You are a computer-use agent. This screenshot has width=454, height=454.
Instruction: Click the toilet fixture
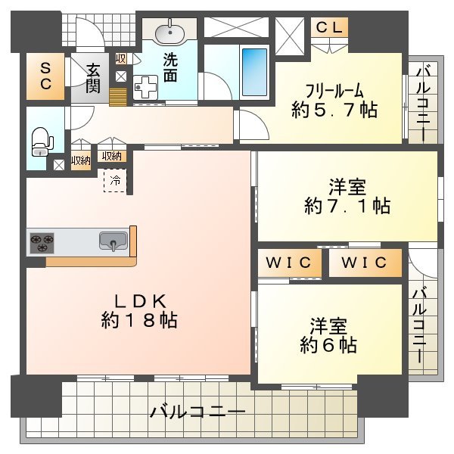[42, 142]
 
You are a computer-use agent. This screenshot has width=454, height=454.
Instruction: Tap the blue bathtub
[254, 72]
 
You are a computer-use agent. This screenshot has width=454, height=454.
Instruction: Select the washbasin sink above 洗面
[169, 33]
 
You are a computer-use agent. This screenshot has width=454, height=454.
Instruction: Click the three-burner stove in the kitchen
[42, 243]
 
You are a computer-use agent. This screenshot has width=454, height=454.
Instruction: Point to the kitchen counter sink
[113, 241]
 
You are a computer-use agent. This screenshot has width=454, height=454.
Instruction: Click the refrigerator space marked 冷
[115, 181]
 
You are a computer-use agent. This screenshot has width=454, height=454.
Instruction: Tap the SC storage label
[45, 76]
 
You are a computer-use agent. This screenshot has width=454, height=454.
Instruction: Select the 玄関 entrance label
[93, 78]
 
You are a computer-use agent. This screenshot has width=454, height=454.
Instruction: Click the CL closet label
[329, 28]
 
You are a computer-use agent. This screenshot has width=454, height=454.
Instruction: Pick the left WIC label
[289, 263]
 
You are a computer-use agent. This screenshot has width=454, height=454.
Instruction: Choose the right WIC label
[364, 263]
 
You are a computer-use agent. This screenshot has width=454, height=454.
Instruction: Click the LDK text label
[140, 301]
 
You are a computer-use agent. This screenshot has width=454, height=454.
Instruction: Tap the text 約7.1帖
[347, 206]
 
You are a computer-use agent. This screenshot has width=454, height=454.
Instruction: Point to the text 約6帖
[328, 344]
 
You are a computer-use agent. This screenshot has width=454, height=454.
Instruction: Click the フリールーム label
[334, 91]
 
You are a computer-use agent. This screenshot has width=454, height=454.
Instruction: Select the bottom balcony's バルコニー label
[197, 412]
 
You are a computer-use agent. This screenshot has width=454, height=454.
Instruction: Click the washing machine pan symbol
[145, 87]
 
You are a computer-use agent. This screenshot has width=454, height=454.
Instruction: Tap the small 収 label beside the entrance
[121, 59]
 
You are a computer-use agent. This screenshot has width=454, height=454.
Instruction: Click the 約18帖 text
[139, 320]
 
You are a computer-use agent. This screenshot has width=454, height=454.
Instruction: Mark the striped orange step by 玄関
[118, 97]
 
